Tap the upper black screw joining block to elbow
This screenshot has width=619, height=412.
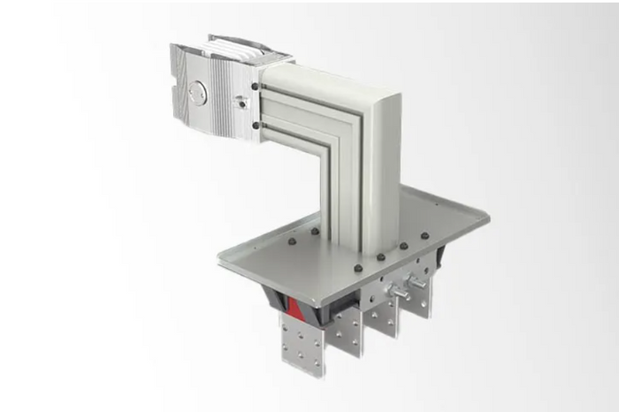[256, 87]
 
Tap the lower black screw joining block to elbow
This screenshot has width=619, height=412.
[256, 126]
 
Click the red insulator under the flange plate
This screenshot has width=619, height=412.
[297, 309]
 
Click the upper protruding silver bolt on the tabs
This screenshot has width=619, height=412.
[414, 281]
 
